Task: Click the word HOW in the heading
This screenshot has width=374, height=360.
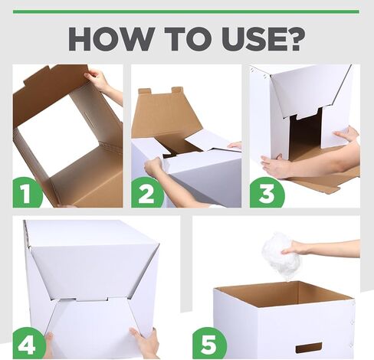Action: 111,39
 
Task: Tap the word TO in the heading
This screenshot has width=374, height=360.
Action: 190,39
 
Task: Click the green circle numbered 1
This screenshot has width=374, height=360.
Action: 26,192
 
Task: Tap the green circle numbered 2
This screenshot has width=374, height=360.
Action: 146,192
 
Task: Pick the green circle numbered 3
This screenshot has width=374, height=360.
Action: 266,192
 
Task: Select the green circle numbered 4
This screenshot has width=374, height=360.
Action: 28,343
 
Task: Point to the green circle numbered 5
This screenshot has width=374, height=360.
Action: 209,343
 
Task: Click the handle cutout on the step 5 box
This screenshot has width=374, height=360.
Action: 309,348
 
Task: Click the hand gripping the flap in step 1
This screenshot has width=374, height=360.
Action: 98,79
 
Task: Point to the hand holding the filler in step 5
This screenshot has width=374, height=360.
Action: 297,248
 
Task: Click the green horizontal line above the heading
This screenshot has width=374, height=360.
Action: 186,11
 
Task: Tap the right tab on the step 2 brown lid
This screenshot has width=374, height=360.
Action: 177,90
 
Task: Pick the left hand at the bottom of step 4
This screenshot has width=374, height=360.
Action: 49,345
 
